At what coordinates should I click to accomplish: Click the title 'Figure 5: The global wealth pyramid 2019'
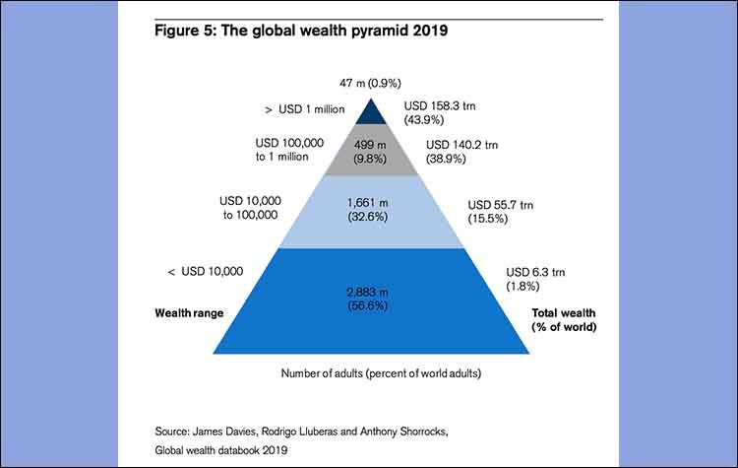[302, 30]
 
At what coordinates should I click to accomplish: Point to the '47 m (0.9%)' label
[370, 83]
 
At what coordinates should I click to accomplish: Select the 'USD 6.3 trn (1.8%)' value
[536, 278]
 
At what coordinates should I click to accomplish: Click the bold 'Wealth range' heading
[189, 312]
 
